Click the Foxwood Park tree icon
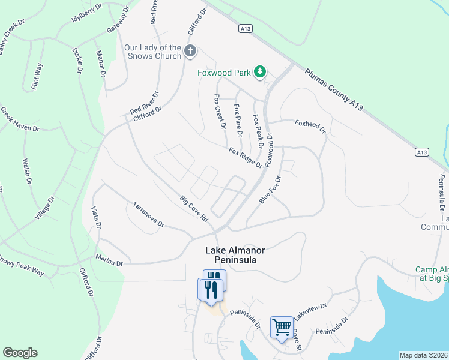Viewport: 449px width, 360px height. tap(259, 72)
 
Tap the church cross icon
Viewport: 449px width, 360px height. tap(190, 50)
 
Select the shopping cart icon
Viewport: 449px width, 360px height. tap(282, 328)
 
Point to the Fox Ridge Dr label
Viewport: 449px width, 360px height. tap(245, 157)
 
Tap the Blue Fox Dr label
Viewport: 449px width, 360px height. tap(270, 190)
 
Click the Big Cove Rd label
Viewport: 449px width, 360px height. tap(194, 209)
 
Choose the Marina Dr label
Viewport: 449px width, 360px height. tap(109, 263)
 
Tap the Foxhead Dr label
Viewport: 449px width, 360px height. tap(310, 126)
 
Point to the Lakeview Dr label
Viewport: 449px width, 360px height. tap(312, 314)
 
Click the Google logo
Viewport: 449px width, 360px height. tap(20, 353)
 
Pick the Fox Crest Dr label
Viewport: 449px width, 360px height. tap(220, 112)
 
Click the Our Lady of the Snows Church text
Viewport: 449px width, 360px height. tap(152, 52)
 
